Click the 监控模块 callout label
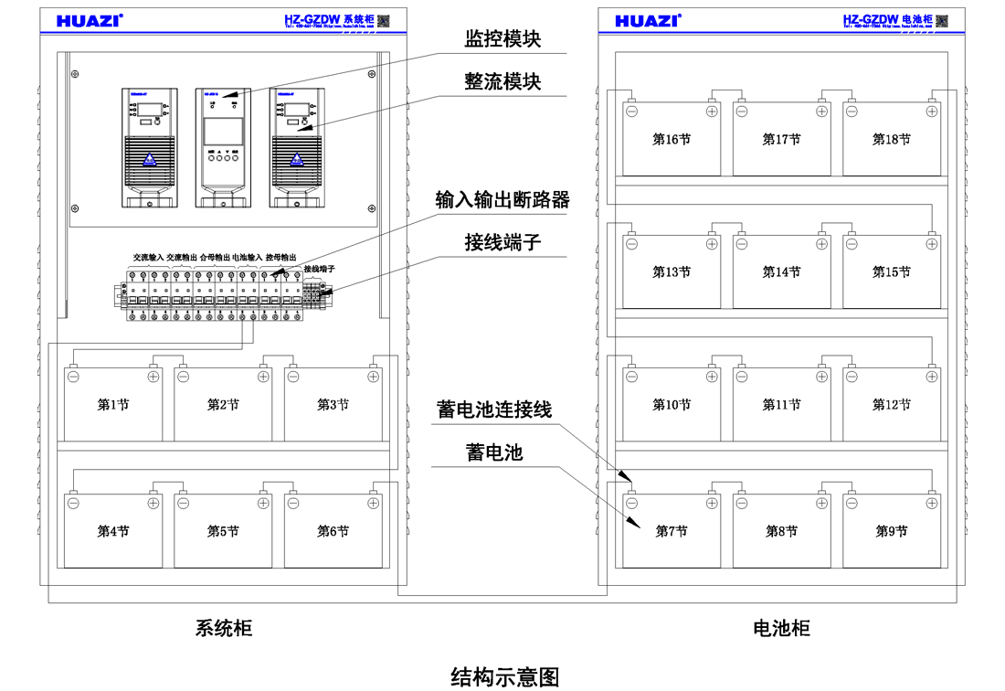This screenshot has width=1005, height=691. coord(503,39)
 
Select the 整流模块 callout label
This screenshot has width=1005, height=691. coord(503,81)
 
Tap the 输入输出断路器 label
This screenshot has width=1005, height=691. coord(503,199)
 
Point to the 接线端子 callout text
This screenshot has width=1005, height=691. coord(503,242)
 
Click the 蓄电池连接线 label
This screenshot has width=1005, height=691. coord(494,409)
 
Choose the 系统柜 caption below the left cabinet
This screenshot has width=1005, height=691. coord(223,629)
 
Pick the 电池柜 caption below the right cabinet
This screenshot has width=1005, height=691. coord(781,629)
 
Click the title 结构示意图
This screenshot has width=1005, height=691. coord(504,676)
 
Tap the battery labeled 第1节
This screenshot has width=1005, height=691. coord(113,405)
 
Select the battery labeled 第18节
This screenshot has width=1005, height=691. coord(891,140)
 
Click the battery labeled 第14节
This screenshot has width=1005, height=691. coord(781,272)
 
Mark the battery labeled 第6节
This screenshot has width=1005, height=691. coord(333,531)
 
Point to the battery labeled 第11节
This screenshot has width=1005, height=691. coord(781,405)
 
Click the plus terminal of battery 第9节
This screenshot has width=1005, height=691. coord(931,502)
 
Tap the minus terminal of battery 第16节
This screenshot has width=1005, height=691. coord(630,111)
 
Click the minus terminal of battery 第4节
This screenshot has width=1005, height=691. coord(73,502)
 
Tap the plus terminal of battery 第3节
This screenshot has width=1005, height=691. coord(373,376)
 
